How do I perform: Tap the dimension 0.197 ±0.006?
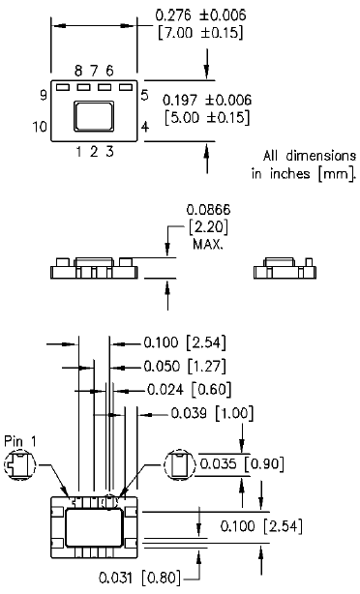206,100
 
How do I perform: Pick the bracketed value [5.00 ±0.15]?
206,118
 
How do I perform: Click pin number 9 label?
44,95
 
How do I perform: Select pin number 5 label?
144,95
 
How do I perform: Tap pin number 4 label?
144,127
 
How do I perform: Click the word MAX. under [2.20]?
206,245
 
